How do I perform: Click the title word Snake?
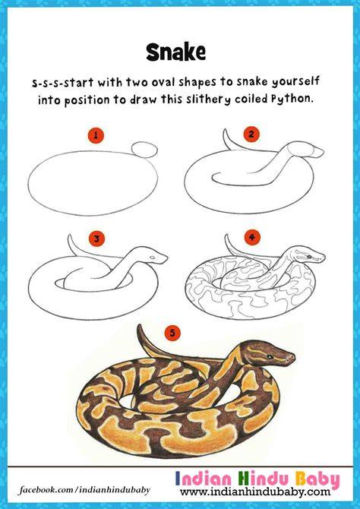click(175, 52)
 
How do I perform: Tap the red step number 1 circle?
click(96, 135)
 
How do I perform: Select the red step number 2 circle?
click(251, 134)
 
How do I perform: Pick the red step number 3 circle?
click(96, 239)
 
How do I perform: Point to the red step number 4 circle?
click(252, 238)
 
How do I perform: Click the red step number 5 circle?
click(172, 334)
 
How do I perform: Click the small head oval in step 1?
click(144, 150)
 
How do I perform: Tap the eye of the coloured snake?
click(269, 357)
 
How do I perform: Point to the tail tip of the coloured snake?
click(139, 326)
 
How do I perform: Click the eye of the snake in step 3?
click(152, 258)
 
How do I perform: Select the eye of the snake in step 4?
click(308, 257)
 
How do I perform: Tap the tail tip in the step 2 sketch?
click(226, 130)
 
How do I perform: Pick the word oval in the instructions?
click(164, 83)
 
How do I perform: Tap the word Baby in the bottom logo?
click(317, 479)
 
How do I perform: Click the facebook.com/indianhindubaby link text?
click(84, 489)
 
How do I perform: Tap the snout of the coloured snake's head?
click(292, 358)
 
